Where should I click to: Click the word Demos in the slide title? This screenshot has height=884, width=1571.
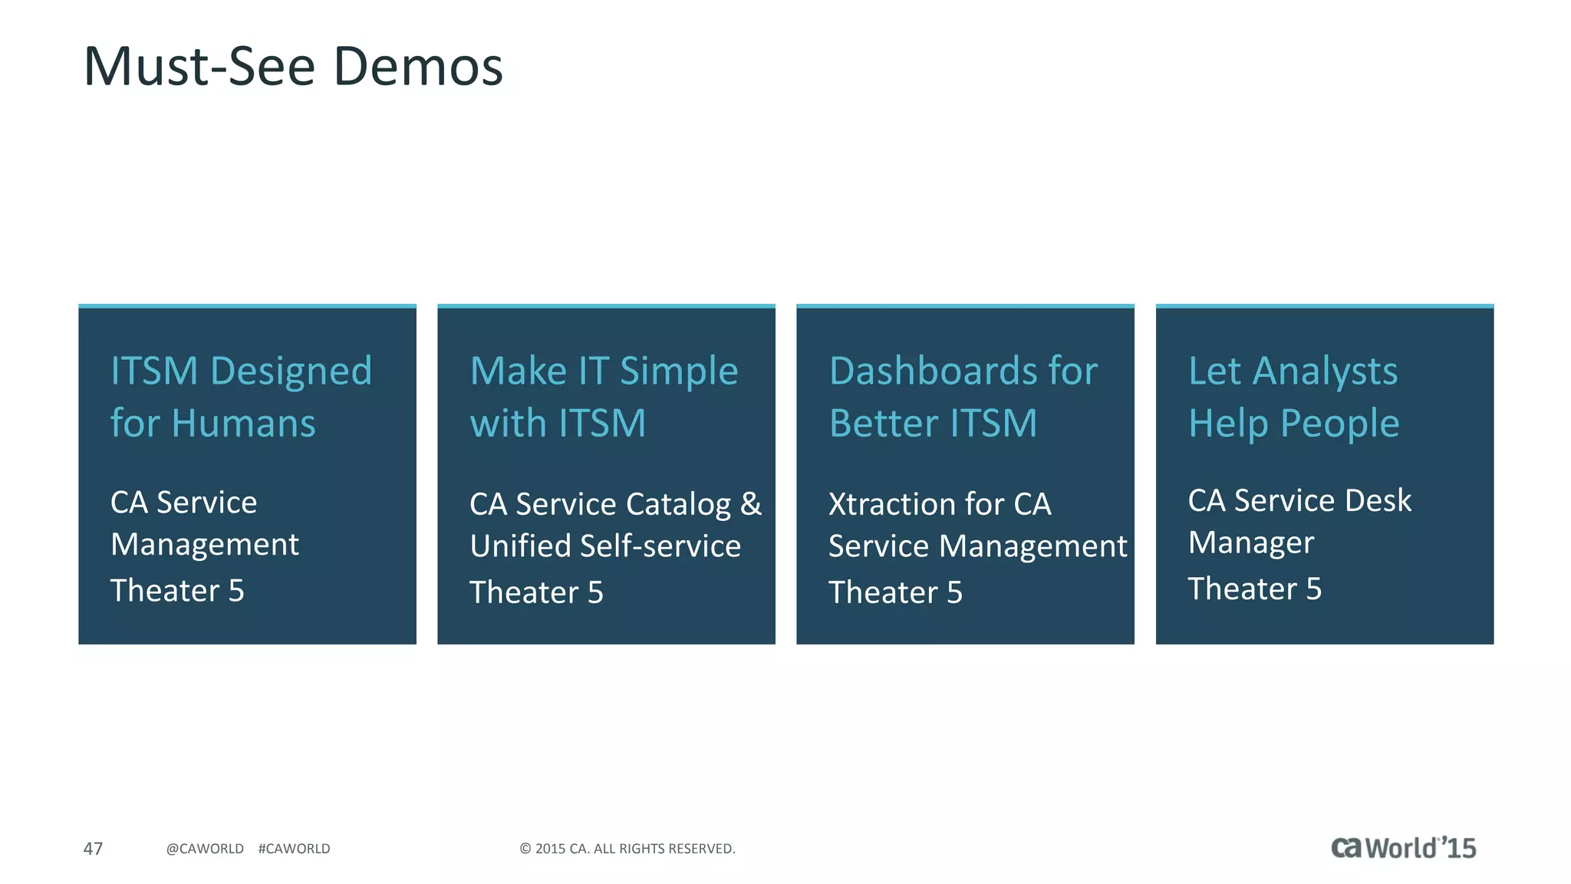(418, 67)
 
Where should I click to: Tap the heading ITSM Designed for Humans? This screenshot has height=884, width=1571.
(241, 397)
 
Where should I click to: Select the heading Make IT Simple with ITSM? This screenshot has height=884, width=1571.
(604, 397)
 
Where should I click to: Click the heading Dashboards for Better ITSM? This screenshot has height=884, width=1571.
(963, 397)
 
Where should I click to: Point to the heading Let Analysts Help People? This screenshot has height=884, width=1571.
(1293, 397)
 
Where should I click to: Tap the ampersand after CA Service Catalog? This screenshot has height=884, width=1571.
(751, 504)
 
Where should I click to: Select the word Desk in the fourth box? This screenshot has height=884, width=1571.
(1378, 500)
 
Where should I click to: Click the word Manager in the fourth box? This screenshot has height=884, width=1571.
(1250, 543)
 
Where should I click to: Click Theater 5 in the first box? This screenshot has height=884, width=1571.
(177, 591)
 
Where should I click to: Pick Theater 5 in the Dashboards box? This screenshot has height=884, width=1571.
(895, 592)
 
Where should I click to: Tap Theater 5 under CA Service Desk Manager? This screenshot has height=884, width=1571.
(1254, 589)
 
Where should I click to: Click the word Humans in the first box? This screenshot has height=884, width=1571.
(243, 424)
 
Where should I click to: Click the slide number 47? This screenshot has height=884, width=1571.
(93, 849)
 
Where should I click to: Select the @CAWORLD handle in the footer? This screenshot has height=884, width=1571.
(205, 849)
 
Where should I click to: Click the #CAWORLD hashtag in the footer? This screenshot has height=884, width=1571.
(294, 849)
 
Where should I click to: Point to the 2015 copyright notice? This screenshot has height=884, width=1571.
(627, 849)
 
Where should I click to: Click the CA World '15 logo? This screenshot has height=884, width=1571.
(1402, 848)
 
